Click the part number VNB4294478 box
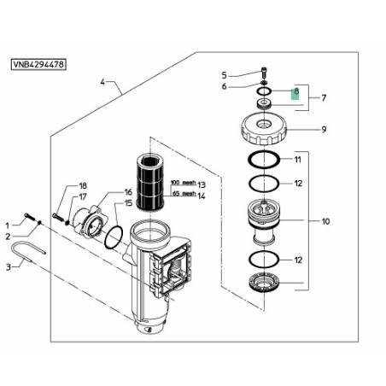38,64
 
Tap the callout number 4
102,82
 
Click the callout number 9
324,130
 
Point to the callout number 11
298,160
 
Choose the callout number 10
325,221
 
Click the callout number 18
83,186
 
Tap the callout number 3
9,267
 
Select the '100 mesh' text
184,182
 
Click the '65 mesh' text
184,193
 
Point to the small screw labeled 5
264,72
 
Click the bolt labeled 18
58,217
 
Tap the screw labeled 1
30,217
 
